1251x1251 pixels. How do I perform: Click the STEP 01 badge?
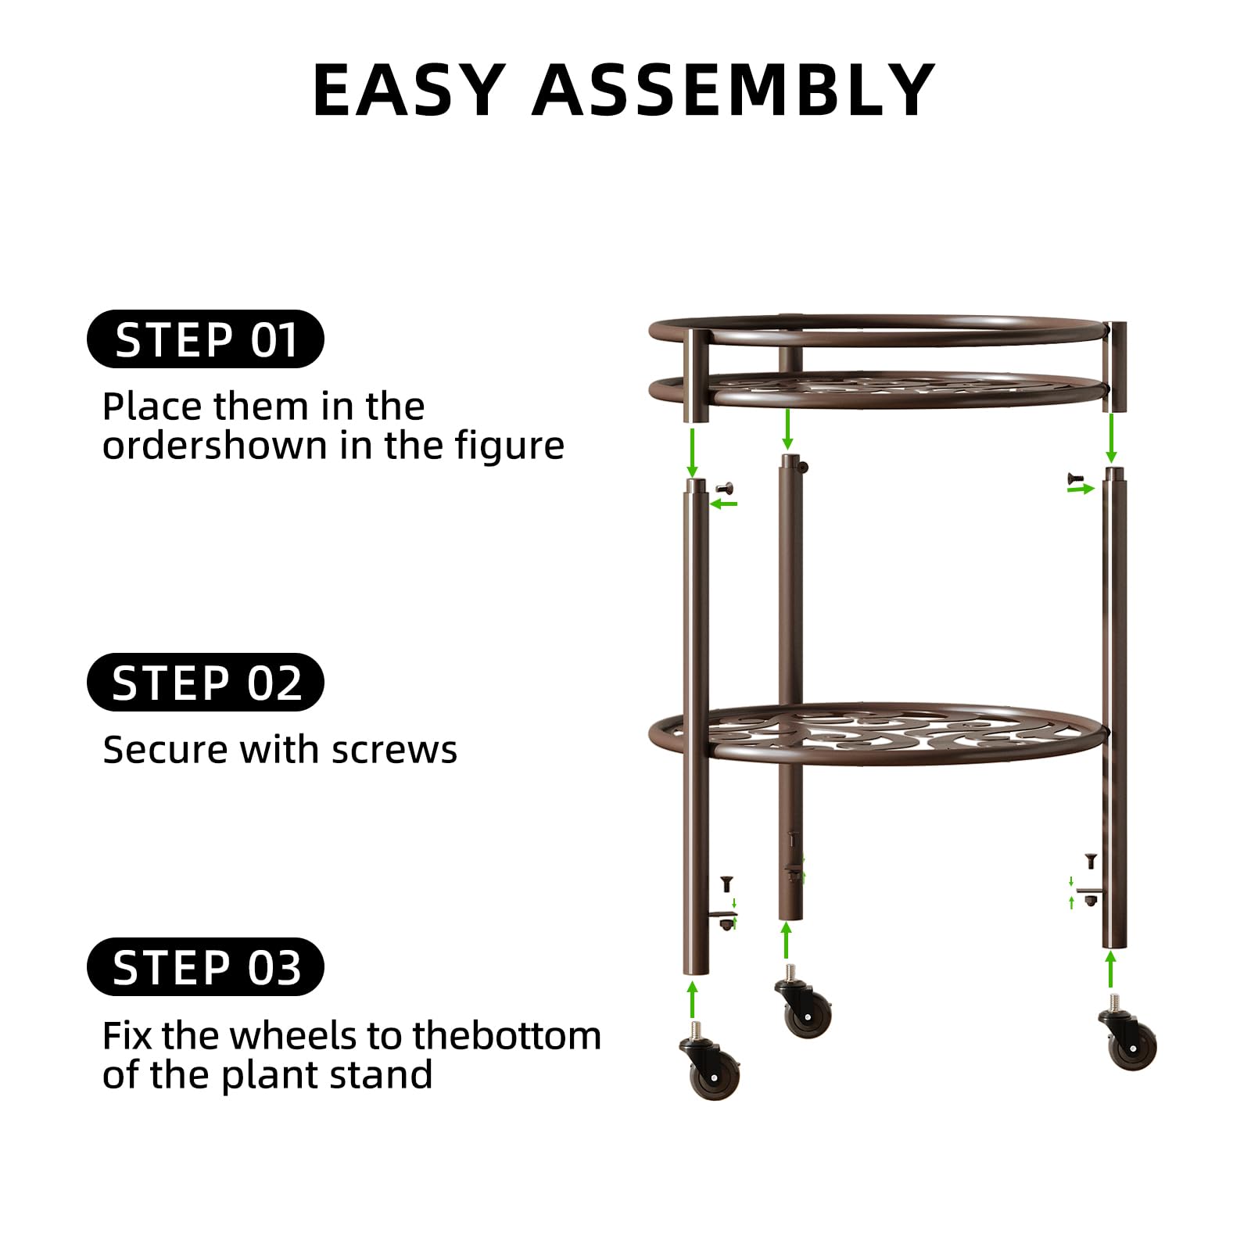pyautogui.click(x=205, y=339)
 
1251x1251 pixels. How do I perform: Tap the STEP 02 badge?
pyautogui.click(x=205, y=682)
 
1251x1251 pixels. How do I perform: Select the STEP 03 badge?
pyautogui.click(x=205, y=966)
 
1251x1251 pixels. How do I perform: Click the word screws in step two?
pyautogui.click(x=394, y=751)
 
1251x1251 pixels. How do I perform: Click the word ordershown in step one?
pyautogui.click(x=215, y=446)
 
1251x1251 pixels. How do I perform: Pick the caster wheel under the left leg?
pyautogui.click(x=710, y=1063)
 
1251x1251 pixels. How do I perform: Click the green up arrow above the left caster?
pyautogui.click(x=692, y=1000)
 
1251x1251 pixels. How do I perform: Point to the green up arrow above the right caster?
pyautogui.click(x=1111, y=970)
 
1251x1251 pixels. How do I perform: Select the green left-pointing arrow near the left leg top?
pyautogui.click(x=723, y=504)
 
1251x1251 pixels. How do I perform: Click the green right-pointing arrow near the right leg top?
pyautogui.click(x=1081, y=489)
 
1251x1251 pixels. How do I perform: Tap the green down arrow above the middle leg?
pyautogui.click(x=787, y=429)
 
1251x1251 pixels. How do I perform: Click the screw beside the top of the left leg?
pyautogui.click(x=724, y=488)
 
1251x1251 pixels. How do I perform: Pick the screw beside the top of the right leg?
pyautogui.click(x=1075, y=477)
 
